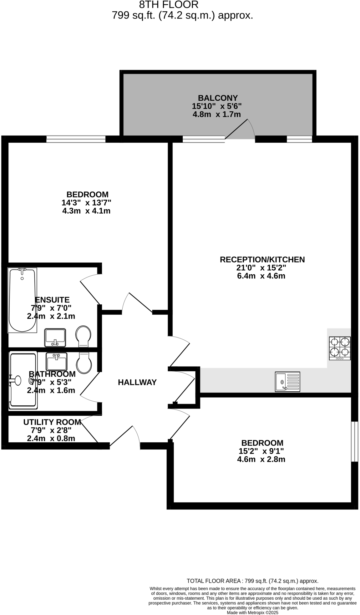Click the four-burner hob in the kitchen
(x=340, y=348)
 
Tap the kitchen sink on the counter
(x=287, y=381)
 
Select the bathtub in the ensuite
(x=22, y=300)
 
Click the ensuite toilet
(x=83, y=336)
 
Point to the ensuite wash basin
(x=55, y=337)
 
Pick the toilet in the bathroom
(x=84, y=363)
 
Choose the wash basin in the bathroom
(x=57, y=361)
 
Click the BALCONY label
(x=218, y=98)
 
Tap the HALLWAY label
(x=137, y=382)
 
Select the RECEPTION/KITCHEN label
(x=262, y=259)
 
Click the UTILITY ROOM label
(x=52, y=422)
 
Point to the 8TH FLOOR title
(x=169, y=5)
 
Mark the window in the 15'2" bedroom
(x=354, y=441)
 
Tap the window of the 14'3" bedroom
(x=76, y=139)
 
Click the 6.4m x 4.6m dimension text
(x=261, y=276)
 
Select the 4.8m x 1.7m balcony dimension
(x=216, y=114)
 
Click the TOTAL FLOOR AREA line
(x=252, y=581)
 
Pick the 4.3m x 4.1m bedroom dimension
(x=86, y=211)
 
